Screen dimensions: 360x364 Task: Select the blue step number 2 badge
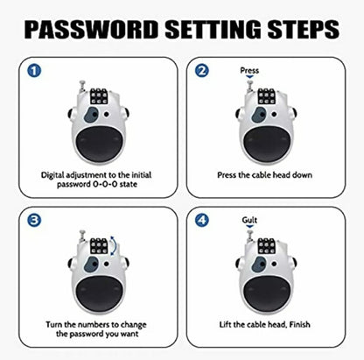pos(201,72)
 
